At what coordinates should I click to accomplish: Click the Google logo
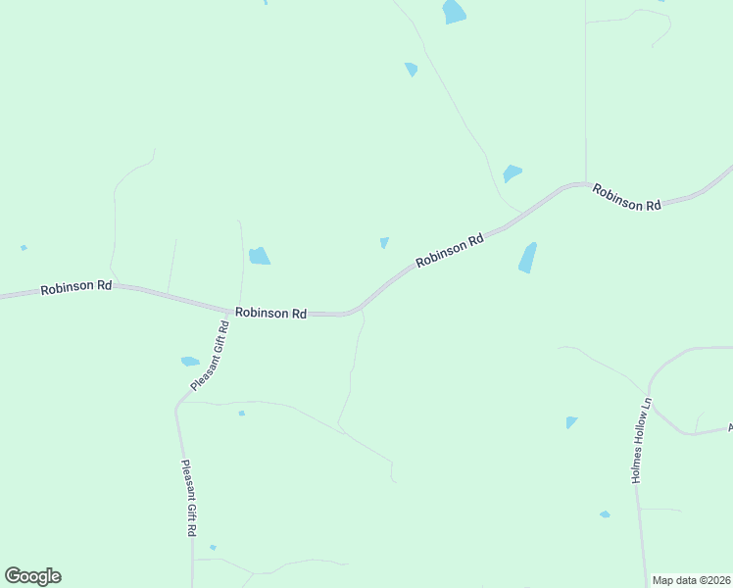pos(32,576)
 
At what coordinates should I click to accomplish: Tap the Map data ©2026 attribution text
pos(691,580)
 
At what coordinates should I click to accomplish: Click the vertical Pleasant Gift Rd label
pos(188,498)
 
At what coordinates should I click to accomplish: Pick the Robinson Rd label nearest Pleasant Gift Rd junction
pos(270,313)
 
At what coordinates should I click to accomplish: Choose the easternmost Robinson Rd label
pos(626,198)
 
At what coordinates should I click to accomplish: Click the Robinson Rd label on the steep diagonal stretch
pos(450,250)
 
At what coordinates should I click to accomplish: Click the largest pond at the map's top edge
pos(454,12)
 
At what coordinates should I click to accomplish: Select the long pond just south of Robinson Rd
pos(527,258)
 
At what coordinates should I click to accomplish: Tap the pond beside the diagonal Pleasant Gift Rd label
pos(190,362)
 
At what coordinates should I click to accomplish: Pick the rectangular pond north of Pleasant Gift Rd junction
pos(259,256)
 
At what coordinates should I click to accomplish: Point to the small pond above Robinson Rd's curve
pos(384,242)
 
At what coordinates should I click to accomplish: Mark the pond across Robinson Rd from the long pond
pos(512,173)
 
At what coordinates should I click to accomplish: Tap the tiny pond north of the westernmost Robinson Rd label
pos(24,248)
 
